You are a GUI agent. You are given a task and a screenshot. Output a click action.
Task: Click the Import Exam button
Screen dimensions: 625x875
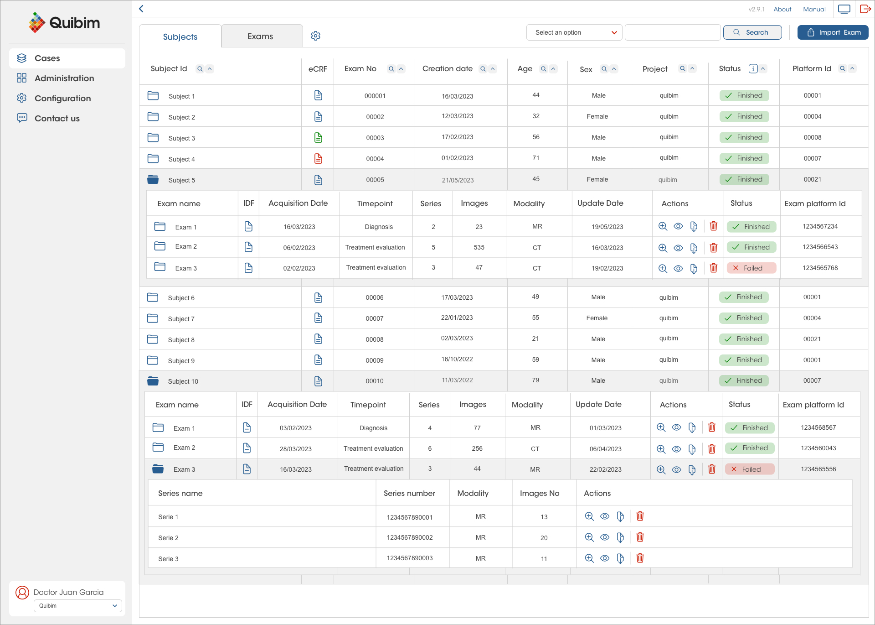pyautogui.click(x=833, y=32)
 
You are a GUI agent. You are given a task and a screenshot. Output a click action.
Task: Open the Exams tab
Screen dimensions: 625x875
pyautogui.click(x=260, y=36)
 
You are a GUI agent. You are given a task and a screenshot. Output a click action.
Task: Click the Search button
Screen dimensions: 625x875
pyautogui.click(x=752, y=32)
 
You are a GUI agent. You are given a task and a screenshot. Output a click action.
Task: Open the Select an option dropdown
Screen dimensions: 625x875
pyautogui.click(x=574, y=32)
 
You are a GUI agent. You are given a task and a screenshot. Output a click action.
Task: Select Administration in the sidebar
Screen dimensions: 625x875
pyautogui.click(x=64, y=78)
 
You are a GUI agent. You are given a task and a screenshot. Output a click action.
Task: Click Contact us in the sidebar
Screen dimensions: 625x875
pyautogui.click(x=57, y=119)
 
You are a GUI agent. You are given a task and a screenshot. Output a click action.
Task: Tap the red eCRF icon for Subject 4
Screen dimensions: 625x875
pyautogui.click(x=318, y=159)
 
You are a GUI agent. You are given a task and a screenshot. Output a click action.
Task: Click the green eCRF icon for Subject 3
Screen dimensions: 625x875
pyautogui.click(x=318, y=138)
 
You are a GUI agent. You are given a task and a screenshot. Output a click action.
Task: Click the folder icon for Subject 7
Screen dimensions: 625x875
pyautogui.click(x=153, y=318)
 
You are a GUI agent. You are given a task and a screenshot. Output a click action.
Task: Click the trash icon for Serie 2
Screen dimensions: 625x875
pyautogui.click(x=640, y=537)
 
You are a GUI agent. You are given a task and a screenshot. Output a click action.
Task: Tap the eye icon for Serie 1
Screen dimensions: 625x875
pyautogui.click(x=605, y=516)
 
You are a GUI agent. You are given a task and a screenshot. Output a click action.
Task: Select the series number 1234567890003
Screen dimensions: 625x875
pyautogui.click(x=410, y=558)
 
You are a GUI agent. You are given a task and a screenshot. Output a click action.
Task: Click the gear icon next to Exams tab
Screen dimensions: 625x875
pyautogui.click(x=315, y=36)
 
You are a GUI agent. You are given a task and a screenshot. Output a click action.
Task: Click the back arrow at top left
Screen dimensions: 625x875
pyautogui.click(x=141, y=9)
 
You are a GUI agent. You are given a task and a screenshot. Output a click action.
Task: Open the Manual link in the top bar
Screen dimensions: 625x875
pyautogui.click(x=814, y=9)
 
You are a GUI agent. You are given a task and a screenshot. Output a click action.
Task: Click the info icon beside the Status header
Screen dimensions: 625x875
pyautogui.click(x=753, y=69)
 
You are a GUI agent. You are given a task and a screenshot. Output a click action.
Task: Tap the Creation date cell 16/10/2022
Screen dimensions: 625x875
pyautogui.click(x=457, y=359)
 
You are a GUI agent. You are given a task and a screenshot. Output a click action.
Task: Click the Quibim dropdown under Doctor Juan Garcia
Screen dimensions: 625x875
pyautogui.click(x=78, y=606)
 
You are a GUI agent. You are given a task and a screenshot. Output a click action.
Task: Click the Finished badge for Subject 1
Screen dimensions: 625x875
pyautogui.click(x=744, y=95)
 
